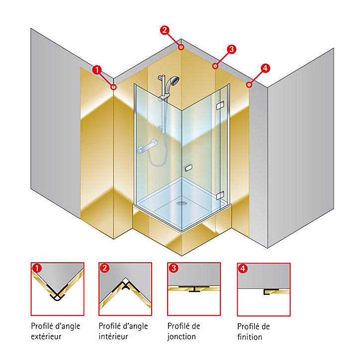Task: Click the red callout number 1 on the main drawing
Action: pos(96,70)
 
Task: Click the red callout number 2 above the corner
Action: pos(165,30)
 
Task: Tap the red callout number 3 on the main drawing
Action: pos(231,49)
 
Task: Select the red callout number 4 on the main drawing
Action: pos(265,68)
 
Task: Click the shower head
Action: pos(173,81)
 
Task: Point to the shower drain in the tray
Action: pos(182,203)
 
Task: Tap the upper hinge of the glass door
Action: pos(220,105)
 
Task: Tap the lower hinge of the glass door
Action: pos(220,195)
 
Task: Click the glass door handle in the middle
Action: pos(189,168)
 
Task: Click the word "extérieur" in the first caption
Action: pos(46,337)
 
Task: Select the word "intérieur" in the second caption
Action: pos(113,337)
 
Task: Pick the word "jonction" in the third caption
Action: pos(181,337)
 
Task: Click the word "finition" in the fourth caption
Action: pos(250,337)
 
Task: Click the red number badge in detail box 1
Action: pos(37,268)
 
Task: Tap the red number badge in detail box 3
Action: pos(174,268)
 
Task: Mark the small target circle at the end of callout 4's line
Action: pos(249,85)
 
